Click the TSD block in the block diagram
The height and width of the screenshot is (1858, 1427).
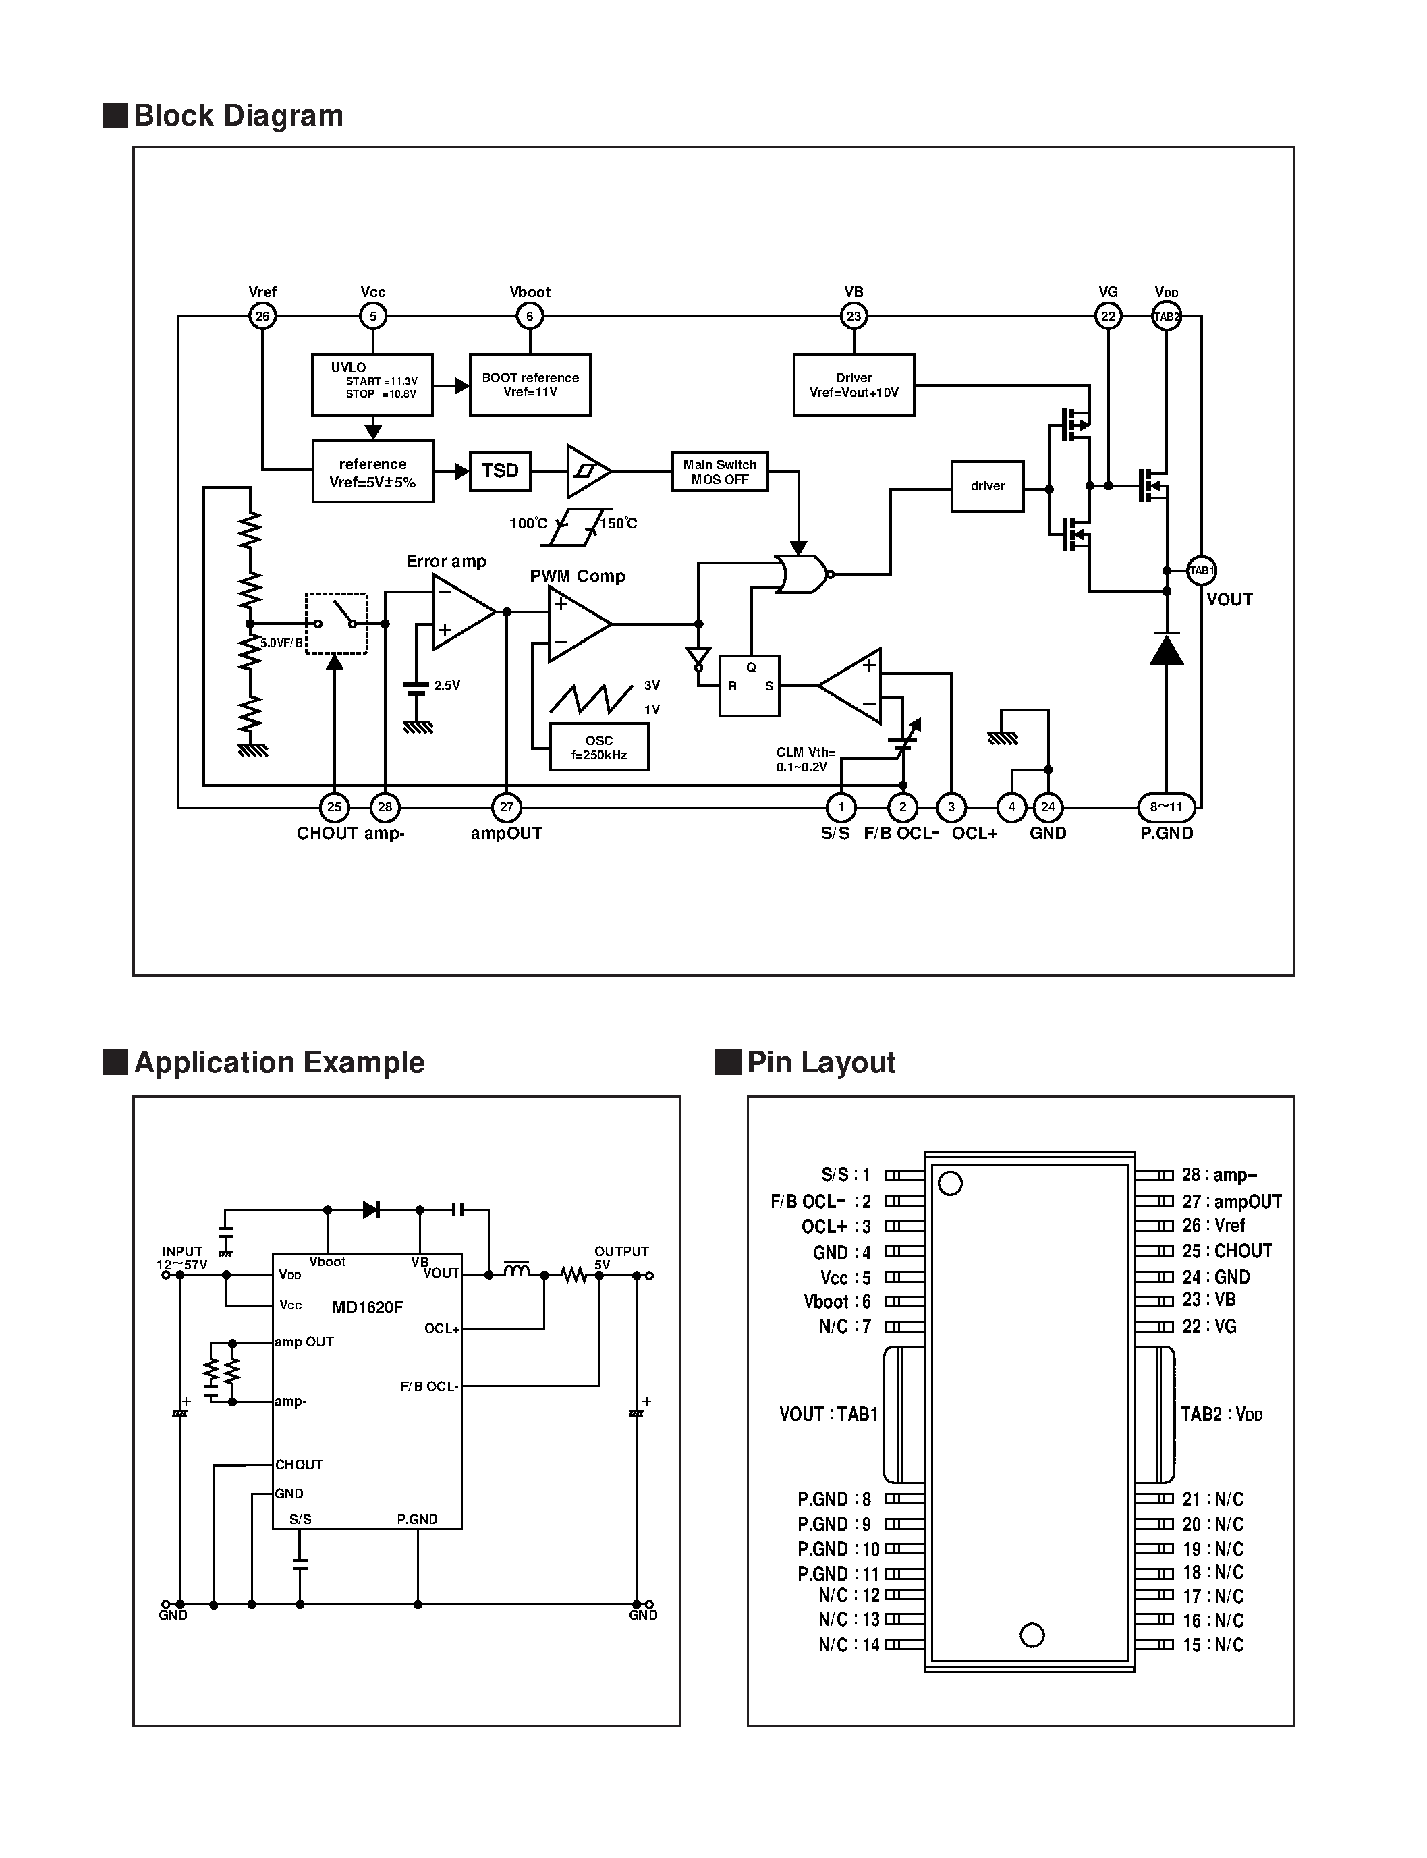[x=499, y=470]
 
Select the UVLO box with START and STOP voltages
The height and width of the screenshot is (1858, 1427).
[x=372, y=385]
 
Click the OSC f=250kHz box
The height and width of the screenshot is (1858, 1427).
[x=599, y=746]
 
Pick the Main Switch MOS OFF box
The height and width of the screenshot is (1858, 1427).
[x=719, y=472]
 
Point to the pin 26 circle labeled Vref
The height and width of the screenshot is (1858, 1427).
[x=262, y=316]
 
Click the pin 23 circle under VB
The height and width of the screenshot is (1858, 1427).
[x=854, y=316]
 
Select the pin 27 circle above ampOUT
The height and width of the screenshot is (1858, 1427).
[x=506, y=807]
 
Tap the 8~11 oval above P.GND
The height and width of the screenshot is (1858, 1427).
[x=1167, y=807]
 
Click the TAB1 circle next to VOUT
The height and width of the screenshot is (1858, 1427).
[x=1201, y=570]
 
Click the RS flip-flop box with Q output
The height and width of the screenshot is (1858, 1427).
[x=749, y=686]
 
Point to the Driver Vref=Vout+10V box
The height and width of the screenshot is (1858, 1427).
[x=854, y=385]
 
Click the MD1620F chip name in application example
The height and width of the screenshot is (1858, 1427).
[x=367, y=1307]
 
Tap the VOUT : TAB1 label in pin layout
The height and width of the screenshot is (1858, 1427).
[x=828, y=1414]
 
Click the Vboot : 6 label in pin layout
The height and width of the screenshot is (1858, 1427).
[x=837, y=1301]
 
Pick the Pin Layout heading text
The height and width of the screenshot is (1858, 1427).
[x=820, y=1062]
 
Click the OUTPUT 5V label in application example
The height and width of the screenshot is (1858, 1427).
[x=621, y=1257]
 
